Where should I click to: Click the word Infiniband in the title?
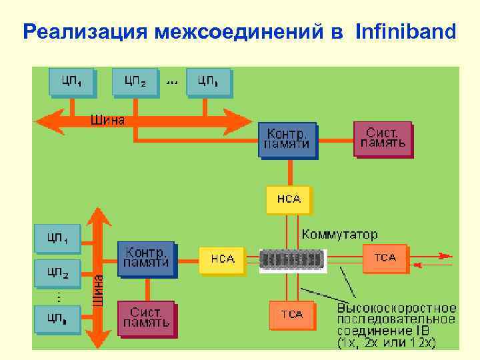(406, 31)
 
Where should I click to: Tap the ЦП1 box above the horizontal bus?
(71, 82)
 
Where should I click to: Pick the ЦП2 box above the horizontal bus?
(135, 82)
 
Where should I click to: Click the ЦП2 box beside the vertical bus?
(57, 272)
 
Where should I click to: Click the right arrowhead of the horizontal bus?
(241, 121)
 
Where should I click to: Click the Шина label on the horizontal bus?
(107, 120)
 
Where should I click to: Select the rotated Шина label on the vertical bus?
(98, 291)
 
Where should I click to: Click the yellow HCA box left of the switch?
(222, 259)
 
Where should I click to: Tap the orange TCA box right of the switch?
(384, 258)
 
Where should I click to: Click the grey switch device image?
(293, 259)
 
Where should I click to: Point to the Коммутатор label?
(340, 235)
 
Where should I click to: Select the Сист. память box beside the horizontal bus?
(383, 138)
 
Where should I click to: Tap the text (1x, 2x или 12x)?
(387, 343)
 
